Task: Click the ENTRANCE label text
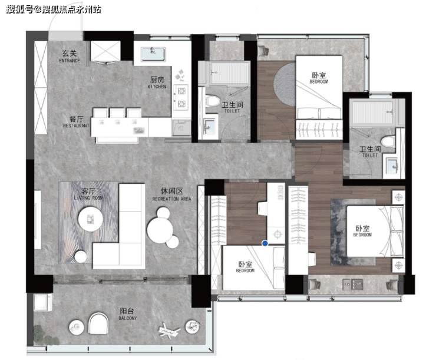click(70, 61)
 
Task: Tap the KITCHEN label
click(157, 87)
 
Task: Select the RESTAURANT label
click(76, 125)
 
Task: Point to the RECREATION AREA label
click(172, 199)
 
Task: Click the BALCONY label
click(128, 318)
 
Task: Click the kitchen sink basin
click(153, 54)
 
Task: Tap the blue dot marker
click(265, 243)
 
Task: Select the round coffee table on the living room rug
click(90, 219)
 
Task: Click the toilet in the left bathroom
click(213, 100)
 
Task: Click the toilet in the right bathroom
click(388, 141)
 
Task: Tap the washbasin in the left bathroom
click(209, 127)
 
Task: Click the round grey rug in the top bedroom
click(285, 84)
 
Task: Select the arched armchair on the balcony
click(98, 323)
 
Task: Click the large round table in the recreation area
click(160, 230)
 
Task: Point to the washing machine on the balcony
click(43, 302)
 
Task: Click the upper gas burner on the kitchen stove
click(182, 91)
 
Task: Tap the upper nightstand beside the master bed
click(399, 197)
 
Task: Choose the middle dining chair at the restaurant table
click(117, 113)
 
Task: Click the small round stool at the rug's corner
click(81, 256)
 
